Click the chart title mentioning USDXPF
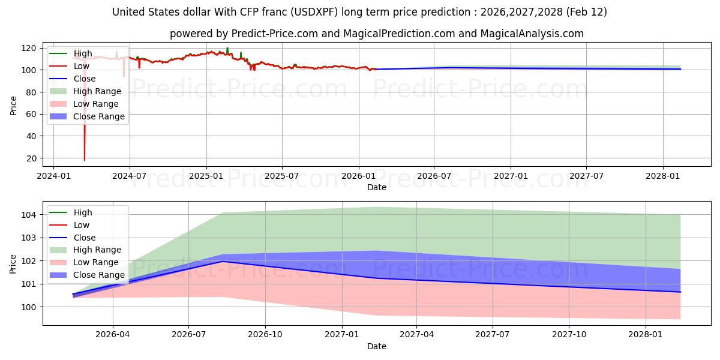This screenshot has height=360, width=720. (x=359, y=12)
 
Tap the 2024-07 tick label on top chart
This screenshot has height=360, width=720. (x=130, y=176)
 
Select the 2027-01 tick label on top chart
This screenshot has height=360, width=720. (x=511, y=176)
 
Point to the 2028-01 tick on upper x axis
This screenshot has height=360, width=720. (x=663, y=176)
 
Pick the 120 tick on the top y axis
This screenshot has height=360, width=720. (x=29, y=48)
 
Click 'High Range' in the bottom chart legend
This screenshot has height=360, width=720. (x=97, y=250)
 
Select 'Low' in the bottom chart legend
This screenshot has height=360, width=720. (x=82, y=225)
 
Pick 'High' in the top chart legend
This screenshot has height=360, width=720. (x=83, y=53)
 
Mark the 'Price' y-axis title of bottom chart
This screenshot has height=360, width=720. (x=13, y=263)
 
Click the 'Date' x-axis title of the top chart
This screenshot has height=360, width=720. (x=376, y=187)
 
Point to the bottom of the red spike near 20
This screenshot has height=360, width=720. (x=85, y=160)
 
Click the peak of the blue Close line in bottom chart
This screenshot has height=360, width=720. (x=223, y=261)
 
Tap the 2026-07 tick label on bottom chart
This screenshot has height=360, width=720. (x=188, y=335)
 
